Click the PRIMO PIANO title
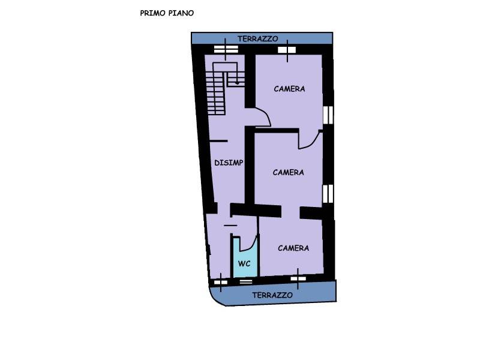[167, 13]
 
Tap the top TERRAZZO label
[258, 39]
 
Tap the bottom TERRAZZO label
[272, 295]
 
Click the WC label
[244, 263]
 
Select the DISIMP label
[229, 163]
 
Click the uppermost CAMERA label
[289, 89]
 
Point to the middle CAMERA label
[289, 172]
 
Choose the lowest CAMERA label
[293, 248]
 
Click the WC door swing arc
[253, 244]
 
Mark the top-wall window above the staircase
[226, 49]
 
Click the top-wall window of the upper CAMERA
[287, 50]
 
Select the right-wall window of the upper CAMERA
[328, 115]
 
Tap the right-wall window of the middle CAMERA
[328, 193]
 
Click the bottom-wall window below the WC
[246, 281]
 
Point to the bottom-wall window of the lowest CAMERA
[298, 278]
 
